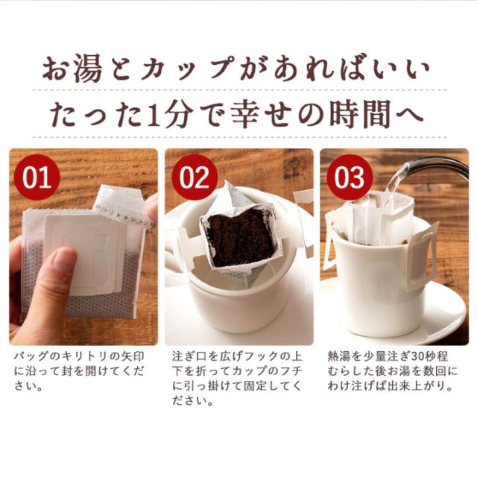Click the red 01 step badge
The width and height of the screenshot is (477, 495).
click(x=37, y=177)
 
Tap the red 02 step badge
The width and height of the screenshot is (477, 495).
click(x=195, y=177)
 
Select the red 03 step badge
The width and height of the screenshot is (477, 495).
click(x=350, y=177)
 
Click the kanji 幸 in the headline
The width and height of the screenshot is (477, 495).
click(x=247, y=113)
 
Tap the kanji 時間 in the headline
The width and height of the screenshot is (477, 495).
click(x=360, y=113)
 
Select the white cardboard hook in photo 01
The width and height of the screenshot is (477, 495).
click(x=83, y=253)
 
